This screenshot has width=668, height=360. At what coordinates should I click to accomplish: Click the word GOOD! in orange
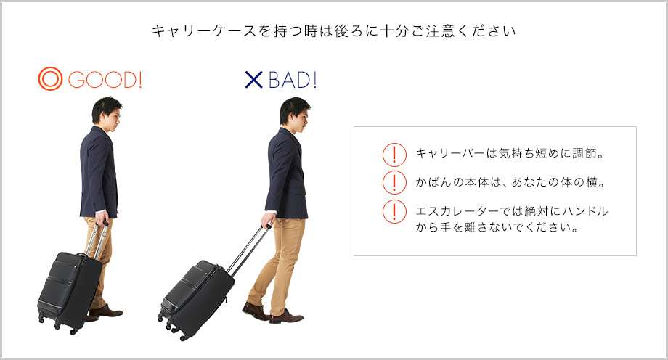coord(105,80)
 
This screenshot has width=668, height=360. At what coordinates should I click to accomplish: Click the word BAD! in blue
coord(293,80)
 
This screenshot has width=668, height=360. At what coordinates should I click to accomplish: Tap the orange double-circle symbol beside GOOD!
coord(50,79)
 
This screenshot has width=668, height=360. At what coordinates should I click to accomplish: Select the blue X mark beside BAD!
coord(254,80)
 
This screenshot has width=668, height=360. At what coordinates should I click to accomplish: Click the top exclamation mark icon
coord(394,154)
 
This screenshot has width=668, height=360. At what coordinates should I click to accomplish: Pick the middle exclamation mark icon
coord(394,182)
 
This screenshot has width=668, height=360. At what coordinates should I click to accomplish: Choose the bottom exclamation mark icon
coord(394,211)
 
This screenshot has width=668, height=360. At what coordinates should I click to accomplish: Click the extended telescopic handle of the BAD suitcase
coord(249,250)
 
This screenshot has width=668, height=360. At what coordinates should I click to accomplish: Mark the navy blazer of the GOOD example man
coord(99,173)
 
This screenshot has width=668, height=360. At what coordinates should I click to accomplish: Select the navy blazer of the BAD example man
coord(286,173)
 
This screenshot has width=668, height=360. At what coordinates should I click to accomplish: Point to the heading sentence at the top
coord(333,31)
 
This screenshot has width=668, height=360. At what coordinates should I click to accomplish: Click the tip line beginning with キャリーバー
coord(510,153)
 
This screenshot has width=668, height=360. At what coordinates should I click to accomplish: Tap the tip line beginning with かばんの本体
coord(510,182)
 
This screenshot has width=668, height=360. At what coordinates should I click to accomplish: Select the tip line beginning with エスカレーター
coord(512,219)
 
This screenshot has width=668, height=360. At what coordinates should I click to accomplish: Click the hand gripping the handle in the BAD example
coord(267,220)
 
